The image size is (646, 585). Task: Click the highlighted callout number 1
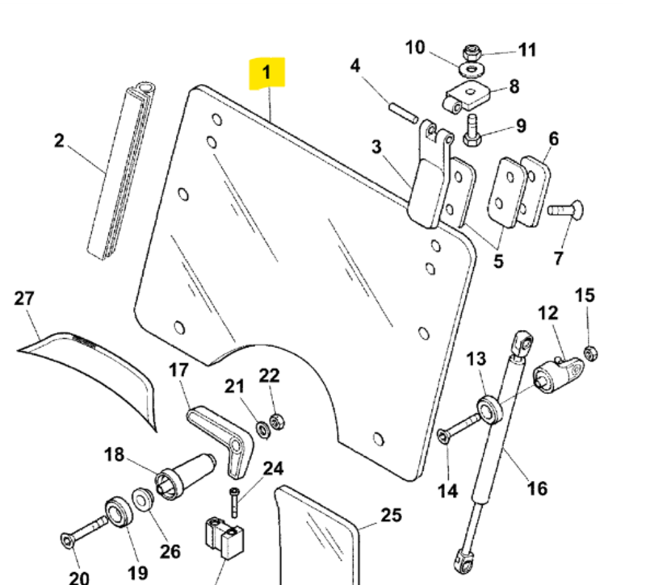click(x=266, y=74)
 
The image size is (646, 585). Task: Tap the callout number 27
click(x=24, y=299)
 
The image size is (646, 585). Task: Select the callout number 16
click(x=537, y=487)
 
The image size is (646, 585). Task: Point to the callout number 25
click(x=391, y=515)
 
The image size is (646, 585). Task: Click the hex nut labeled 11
click(x=472, y=52)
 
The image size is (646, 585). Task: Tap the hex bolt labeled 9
click(x=472, y=131)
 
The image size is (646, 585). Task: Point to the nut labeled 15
click(x=589, y=352)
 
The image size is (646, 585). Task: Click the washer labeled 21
click(x=262, y=428)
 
